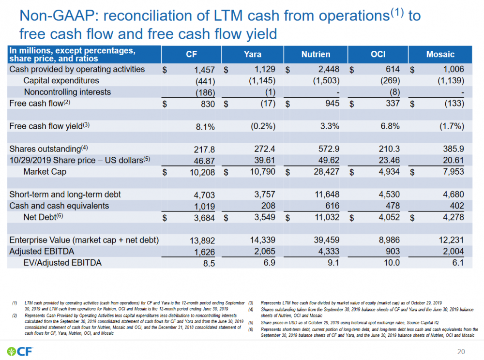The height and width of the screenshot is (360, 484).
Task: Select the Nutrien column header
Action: click(316, 54)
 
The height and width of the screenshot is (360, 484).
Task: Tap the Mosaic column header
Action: click(440, 54)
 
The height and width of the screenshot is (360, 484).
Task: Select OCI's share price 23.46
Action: click(391, 160)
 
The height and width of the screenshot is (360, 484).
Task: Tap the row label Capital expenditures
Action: click(61, 80)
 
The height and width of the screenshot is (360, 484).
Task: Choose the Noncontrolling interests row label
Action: click(67, 92)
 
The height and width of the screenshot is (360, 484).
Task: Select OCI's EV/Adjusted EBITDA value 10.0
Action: click(392, 263)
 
